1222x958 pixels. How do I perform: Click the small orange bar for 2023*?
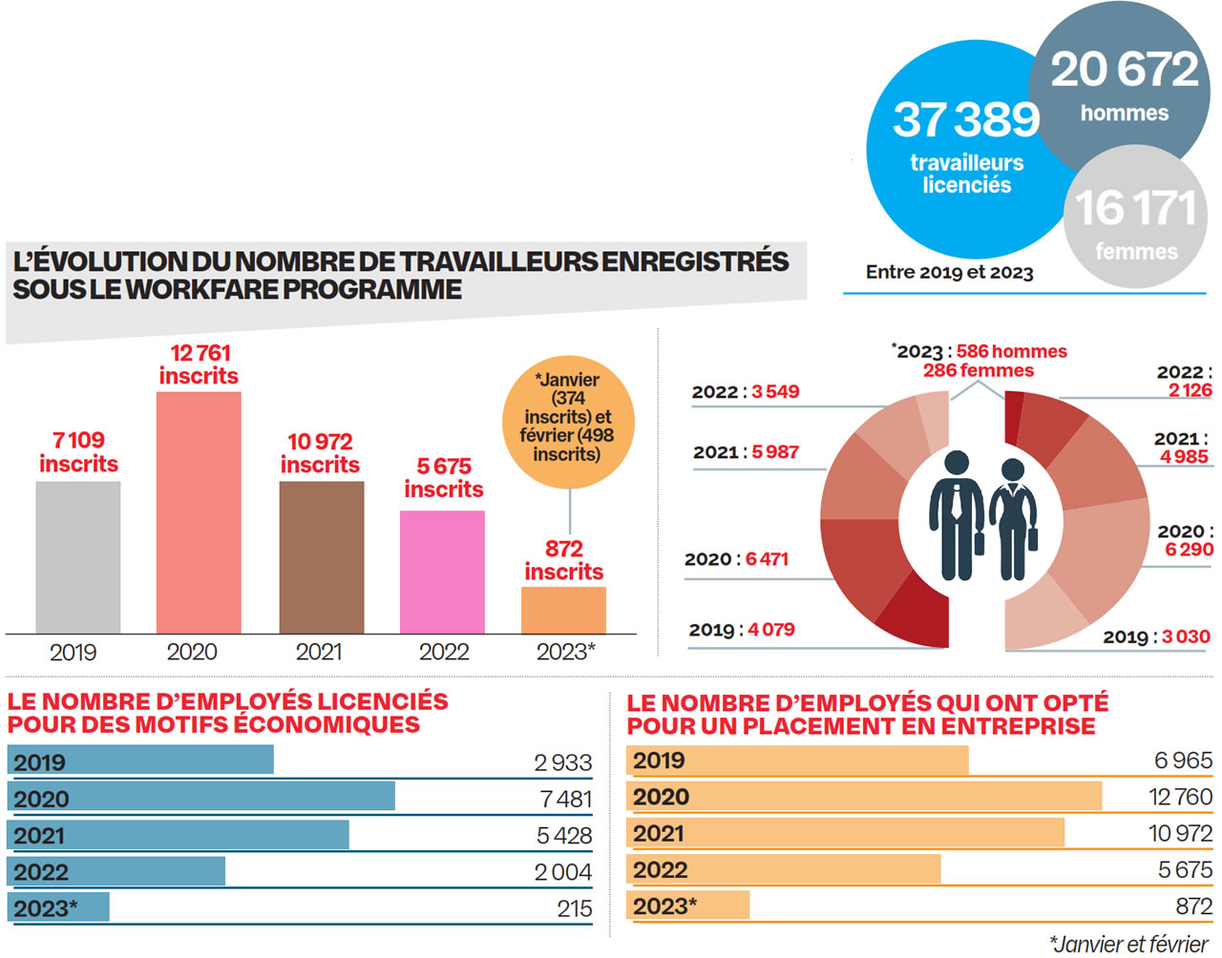[x=563, y=610]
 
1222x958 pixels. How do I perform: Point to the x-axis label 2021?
[x=319, y=652]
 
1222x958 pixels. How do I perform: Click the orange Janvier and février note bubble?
[x=568, y=417]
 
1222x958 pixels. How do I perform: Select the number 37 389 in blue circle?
[x=965, y=120]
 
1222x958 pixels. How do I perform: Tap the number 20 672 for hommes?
[x=1124, y=70]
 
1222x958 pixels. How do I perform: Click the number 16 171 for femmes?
[x=1135, y=208]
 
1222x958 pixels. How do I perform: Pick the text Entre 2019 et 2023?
[x=949, y=272]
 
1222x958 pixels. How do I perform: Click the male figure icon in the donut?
[x=958, y=515]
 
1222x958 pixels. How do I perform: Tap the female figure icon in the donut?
[x=1013, y=520]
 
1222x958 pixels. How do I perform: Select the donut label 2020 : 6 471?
[x=736, y=559]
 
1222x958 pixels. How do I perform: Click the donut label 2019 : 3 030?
[x=1156, y=636]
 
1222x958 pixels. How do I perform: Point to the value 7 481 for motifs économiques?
[x=565, y=799]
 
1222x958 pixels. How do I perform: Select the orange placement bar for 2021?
[x=846, y=833]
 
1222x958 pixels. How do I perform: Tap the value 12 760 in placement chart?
[x=1180, y=797]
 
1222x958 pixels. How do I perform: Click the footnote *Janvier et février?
[x=1128, y=944]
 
